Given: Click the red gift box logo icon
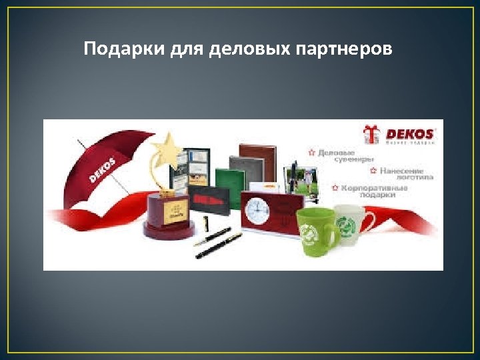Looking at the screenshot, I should click(x=371, y=135).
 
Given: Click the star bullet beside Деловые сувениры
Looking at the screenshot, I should click(x=311, y=152).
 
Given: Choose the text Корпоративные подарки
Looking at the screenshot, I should click(x=374, y=191).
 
